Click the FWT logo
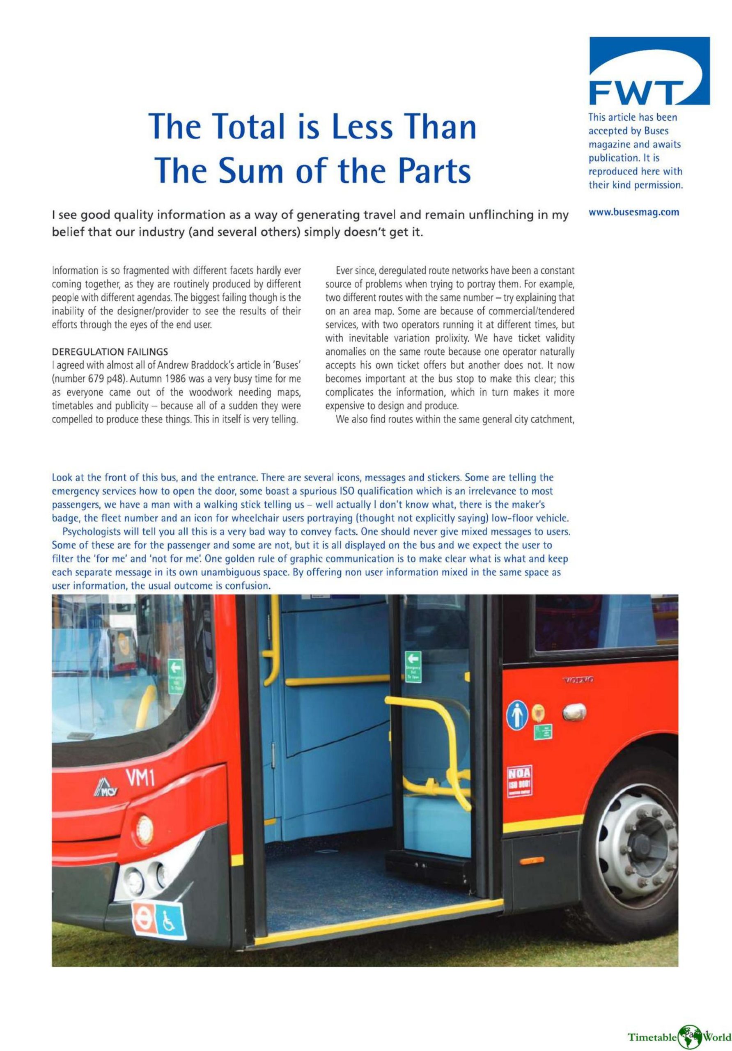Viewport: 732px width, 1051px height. [x=649, y=71]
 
